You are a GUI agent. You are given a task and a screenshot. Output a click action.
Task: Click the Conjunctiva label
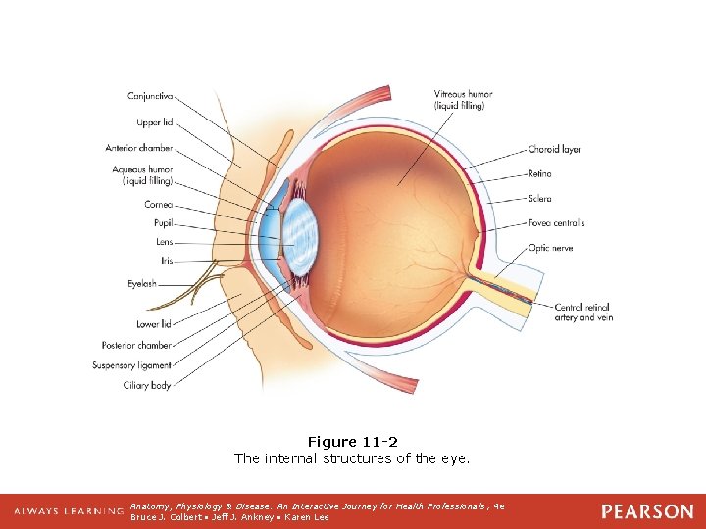click(150, 96)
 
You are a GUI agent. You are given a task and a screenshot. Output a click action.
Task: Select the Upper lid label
click(154, 123)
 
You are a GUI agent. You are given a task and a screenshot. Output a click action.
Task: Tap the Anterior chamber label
click(139, 149)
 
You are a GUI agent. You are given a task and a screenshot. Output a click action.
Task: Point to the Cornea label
click(159, 205)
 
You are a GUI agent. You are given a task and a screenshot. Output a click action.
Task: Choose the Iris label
click(165, 261)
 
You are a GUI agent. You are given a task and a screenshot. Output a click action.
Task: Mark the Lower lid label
click(154, 323)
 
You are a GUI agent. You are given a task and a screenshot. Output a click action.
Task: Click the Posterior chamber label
click(136, 345)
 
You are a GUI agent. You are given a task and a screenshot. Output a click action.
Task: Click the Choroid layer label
click(555, 150)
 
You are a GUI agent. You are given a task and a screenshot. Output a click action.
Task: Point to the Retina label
click(540, 174)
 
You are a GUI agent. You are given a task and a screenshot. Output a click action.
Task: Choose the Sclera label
click(540, 199)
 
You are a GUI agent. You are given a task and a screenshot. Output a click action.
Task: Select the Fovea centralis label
click(557, 223)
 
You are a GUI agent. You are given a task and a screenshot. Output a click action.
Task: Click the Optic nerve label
click(551, 248)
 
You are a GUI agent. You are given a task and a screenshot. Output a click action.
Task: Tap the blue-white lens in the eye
click(301, 237)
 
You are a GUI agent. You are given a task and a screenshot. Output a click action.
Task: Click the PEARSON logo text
click(646, 511)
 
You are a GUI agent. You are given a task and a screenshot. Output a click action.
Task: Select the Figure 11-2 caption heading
click(352, 442)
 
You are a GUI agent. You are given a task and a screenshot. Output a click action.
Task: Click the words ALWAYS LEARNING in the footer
click(69, 511)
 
